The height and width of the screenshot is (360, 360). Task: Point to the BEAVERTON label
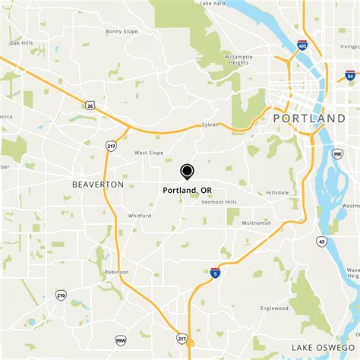(x=97, y=185)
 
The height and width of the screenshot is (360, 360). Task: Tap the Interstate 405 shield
(x=302, y=46)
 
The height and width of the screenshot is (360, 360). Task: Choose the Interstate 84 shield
(x=349, y=75)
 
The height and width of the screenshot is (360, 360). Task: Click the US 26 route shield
(x=90, y=105)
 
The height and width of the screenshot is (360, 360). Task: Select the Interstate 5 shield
(x=216, y=273)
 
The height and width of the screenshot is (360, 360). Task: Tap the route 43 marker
(x=322, y=241)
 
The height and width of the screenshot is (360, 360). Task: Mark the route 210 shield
(x=60, y=295)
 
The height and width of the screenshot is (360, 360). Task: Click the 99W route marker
(x=121, y=340)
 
